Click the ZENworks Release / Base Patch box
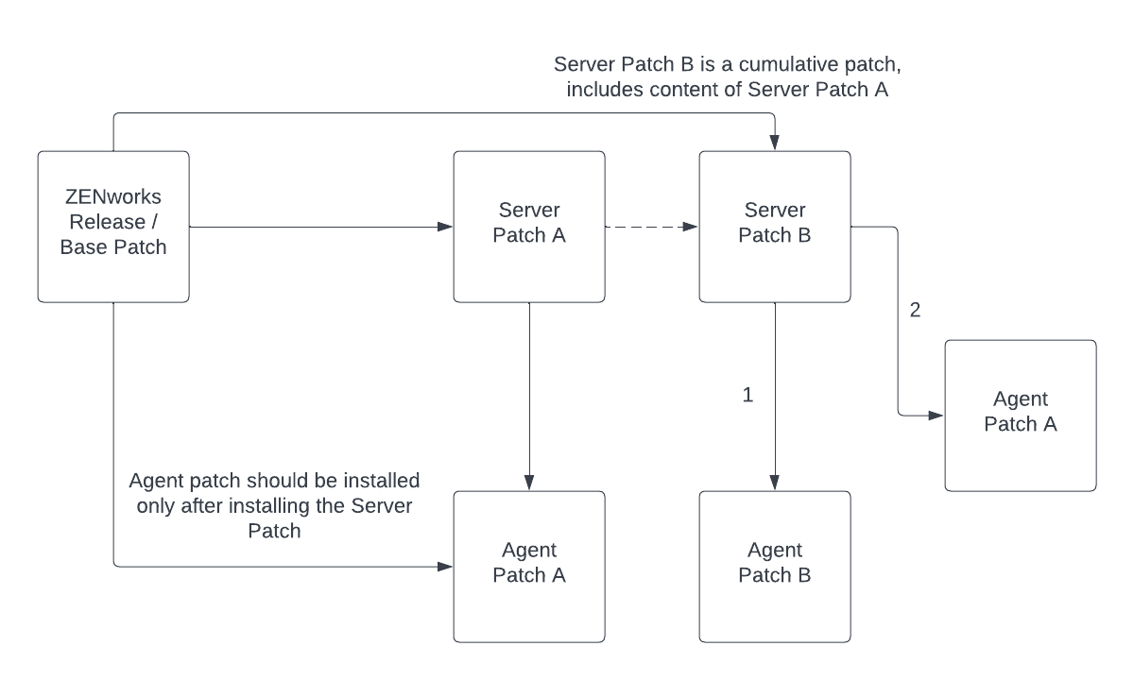pos(113,227)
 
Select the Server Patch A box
pos(529,227)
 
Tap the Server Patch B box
pos(775,227)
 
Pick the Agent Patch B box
pos(775,567)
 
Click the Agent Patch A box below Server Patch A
pos(529,567)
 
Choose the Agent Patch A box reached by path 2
pos(1021,416)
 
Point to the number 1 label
pos(747,396)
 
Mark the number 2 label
pos(914,310)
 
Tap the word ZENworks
pos(113,198)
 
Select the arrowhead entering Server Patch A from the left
pos(446,227)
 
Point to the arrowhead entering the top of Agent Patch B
pos(775,484)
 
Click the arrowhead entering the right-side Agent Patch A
pos(937,416)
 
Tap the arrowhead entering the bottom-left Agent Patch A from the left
pos(446,567)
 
